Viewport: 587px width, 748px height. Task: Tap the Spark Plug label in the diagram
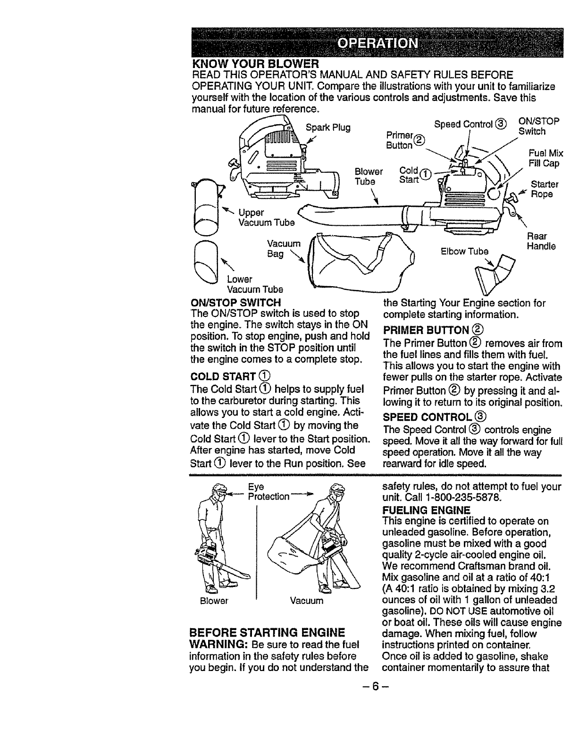click(x=328, y=127)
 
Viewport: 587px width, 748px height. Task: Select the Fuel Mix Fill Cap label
click(x=546, y=158)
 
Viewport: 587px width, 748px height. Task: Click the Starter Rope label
click(x=545, y=189)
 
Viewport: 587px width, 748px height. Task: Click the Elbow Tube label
click(x=464, y=251)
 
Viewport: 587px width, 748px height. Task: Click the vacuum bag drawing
click(x=361, y=260)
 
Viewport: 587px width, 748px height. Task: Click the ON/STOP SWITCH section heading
click(x=235, y=302)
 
